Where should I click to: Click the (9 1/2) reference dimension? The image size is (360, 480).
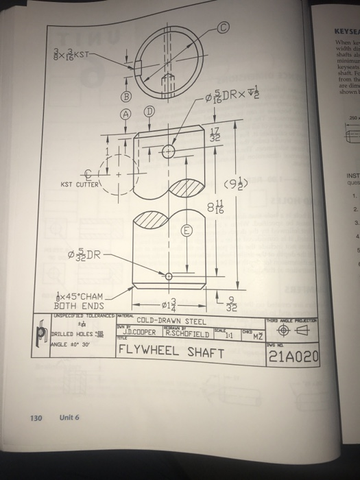pos(250,183)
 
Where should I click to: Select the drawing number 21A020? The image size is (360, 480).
pos(291,356)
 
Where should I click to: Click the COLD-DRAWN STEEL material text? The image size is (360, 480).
pos(171,320)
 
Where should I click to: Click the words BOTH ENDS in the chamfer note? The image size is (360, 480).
pos(78,306)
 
